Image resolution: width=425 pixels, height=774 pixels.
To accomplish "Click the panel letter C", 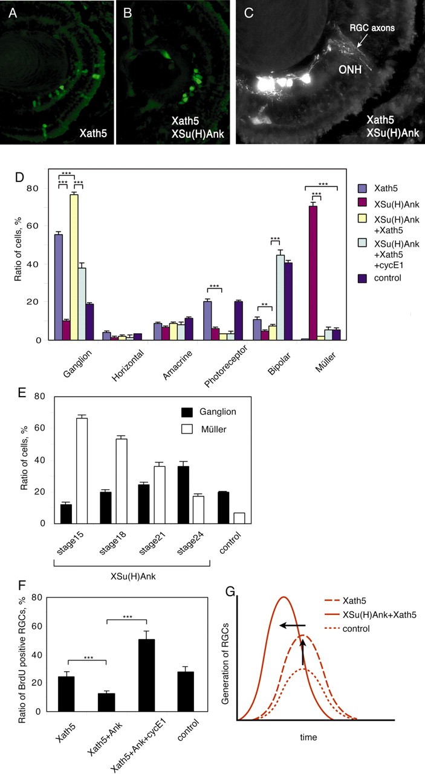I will click(x=248, y=13).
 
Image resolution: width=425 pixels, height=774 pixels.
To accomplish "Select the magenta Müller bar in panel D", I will click(x=313, y=273).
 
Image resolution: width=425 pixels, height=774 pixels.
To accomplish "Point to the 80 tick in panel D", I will click(x=41, y=188).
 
